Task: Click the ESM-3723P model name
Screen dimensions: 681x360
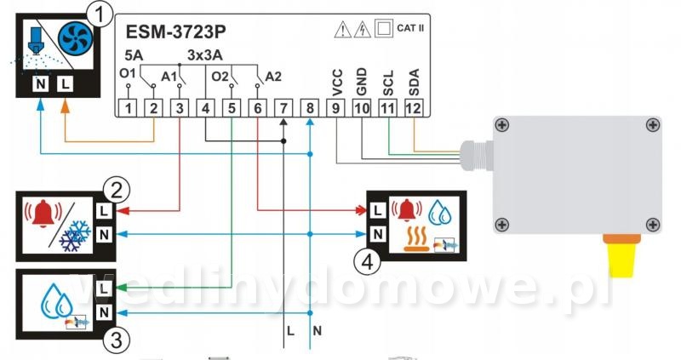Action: coord(175,31)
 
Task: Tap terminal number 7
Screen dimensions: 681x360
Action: coord(283,108)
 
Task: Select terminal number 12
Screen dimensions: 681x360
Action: coord(414,108)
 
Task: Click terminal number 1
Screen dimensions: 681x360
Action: coord(128,108)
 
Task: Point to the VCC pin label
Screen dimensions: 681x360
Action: coord(337,83)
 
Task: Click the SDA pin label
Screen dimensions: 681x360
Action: coord(414,82)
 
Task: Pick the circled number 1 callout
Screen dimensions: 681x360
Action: coord(100,15)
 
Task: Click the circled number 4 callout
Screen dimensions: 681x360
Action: coord(368,262)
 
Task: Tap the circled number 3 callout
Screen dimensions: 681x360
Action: coord(117,340)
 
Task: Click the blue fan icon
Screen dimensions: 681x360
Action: coord(76,37)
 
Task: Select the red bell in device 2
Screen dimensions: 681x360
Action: coord(43,214)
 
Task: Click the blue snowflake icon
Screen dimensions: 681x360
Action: coord(75,237)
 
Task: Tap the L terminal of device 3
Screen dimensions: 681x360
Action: coord(104,289)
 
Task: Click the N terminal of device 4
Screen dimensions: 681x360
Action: coord(377,235)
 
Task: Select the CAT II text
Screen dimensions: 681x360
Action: coord(410,28)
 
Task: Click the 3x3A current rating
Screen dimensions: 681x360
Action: coord(205,55)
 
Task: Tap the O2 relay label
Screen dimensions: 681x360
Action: coord(220,77)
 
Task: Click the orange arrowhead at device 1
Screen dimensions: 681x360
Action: coord(66,106)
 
